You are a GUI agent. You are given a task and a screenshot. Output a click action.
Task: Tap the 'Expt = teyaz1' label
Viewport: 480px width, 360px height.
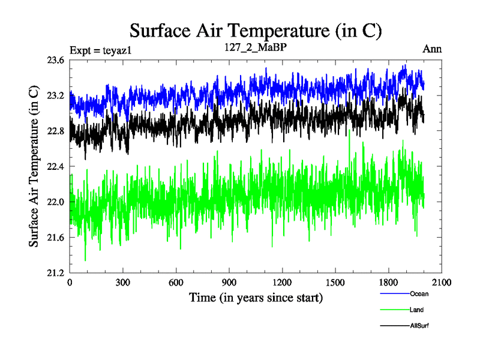coord(100,50)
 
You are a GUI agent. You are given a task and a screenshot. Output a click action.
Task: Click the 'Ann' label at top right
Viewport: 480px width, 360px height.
coord(432,49)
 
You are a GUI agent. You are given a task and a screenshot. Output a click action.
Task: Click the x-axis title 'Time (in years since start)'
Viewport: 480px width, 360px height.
coord(256,298)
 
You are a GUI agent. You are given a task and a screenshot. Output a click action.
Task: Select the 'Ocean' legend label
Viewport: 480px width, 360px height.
coord(419,295)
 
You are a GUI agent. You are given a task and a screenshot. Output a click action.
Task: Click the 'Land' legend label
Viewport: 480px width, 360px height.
coord(417,310)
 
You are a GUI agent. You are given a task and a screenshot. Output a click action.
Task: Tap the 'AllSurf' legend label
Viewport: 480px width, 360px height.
coord(419,326)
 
